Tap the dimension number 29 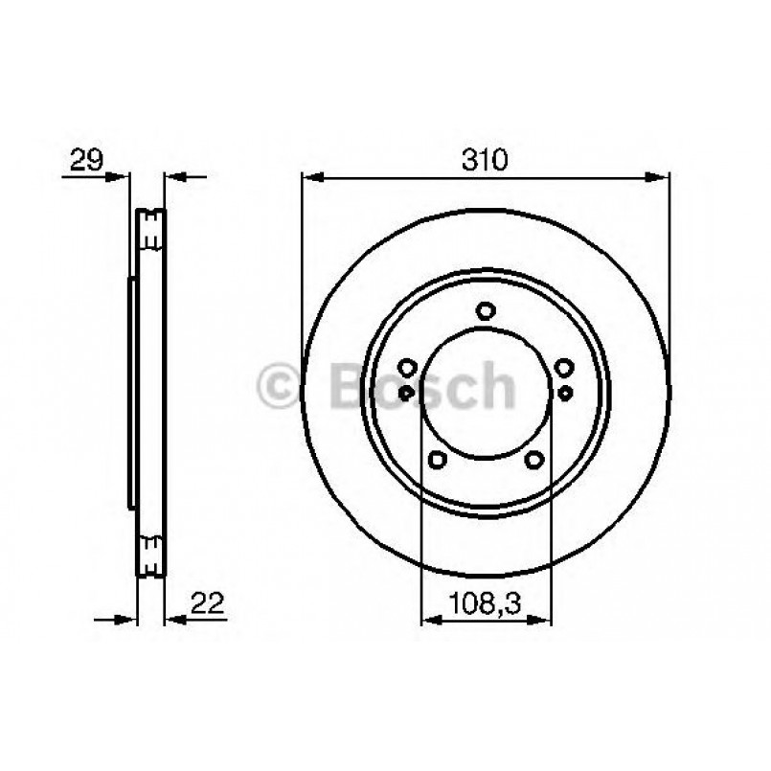click(x=85, y=159)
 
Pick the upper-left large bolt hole click(x=406, y=367)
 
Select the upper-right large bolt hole click(x=564, y=366)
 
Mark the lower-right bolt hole click(x=533, y=460)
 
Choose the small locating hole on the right click(x=565, y=392)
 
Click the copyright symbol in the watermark click(x=281, y=387)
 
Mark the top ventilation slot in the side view click(x=150, y=229)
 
